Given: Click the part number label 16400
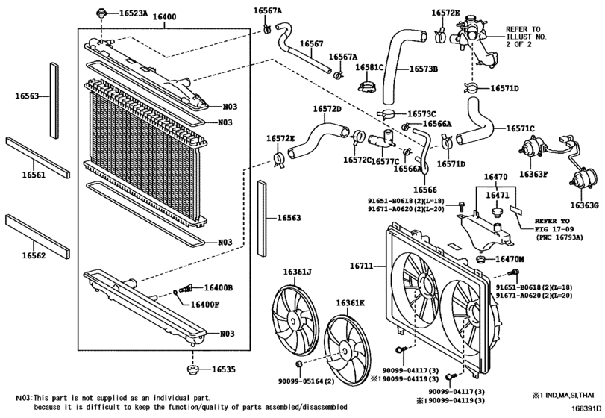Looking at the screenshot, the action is pos(165,17).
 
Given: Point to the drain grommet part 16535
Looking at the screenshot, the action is pos(192,369).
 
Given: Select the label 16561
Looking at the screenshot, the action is pos(34,175).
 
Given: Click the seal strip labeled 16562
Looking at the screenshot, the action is pos(37,236).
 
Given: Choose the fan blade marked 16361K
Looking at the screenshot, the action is pos(346,349).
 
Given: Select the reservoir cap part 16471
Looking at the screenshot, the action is pos(498,212).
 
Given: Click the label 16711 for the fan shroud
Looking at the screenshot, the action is pos(362,266).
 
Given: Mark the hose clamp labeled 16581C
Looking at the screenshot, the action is pos(366,87).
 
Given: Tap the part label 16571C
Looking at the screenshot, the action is pos(521,128).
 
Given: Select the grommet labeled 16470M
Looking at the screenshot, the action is pos(481,259).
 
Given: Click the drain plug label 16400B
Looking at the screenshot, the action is pos(219,287).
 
